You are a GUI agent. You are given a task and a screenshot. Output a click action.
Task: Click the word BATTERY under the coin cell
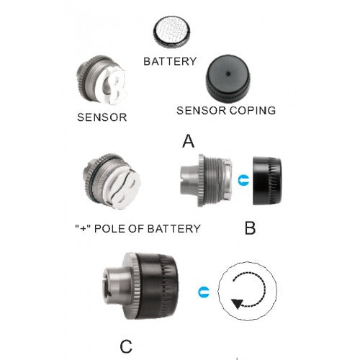170,61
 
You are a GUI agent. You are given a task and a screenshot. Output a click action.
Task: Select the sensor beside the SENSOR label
100,84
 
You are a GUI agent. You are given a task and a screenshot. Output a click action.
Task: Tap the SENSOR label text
101,117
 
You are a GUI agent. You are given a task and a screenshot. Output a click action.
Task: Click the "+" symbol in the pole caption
81,228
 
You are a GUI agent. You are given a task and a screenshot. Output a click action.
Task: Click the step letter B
250,229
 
